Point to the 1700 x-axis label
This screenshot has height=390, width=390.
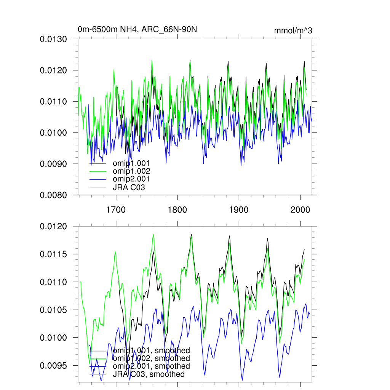pos(116,210)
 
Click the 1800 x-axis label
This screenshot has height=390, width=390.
pos(177,210)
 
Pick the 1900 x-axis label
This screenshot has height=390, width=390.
pos(239,210)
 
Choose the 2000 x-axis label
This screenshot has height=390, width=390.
pos(300,210)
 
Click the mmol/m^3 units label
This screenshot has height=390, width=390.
pos(293,31)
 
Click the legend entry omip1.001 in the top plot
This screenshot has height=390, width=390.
pos(128,163)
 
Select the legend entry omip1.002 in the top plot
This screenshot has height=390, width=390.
pos(128,171)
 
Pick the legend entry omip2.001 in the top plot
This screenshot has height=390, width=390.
pos(128,179)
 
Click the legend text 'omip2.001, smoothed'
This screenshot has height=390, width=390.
pos(151,366)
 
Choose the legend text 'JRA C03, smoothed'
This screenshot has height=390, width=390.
pos(149,374)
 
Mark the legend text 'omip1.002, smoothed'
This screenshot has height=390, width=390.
pos(151,358)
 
